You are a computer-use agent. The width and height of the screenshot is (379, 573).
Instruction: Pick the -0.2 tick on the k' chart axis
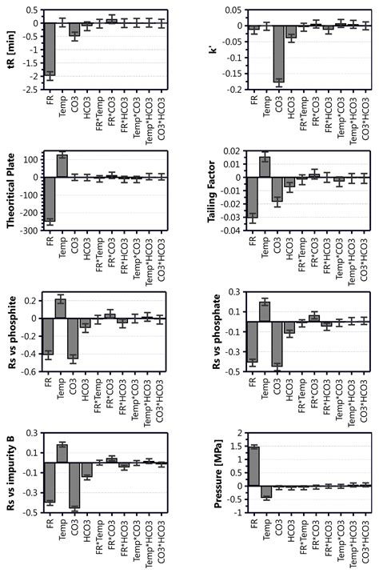pyautogui.click(x=234, y=90)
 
